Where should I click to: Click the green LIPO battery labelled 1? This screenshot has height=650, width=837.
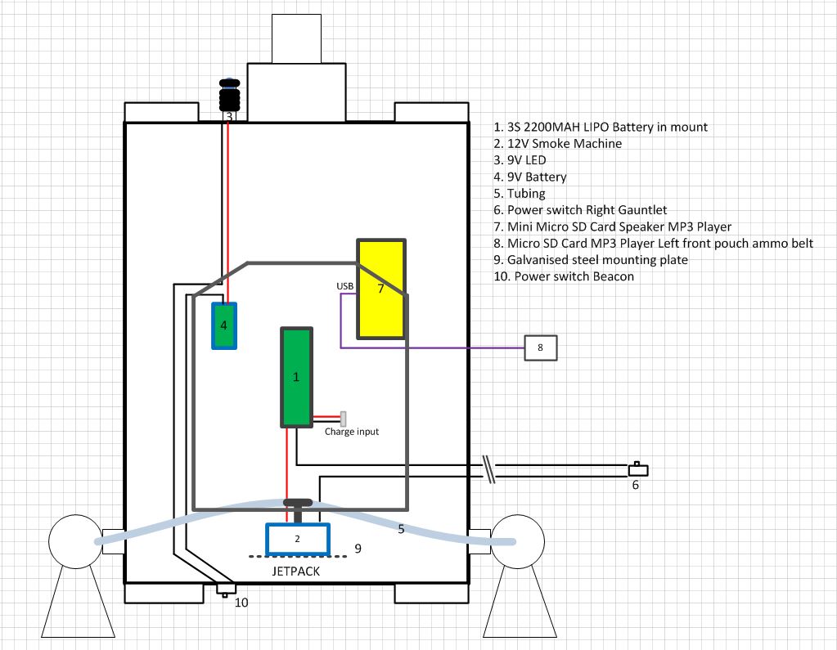pos(296,378)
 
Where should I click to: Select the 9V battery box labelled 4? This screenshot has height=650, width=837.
pos(224,325)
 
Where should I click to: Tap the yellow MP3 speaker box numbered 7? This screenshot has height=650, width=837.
pos(381,289)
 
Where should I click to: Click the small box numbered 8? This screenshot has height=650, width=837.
pos(541,347)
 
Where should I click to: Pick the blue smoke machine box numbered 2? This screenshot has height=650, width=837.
pos(298,539)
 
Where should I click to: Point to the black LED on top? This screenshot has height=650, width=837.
pos(230,95)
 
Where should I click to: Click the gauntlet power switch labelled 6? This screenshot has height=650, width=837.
pos(638,470)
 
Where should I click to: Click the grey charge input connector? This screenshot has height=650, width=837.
pos(344,419)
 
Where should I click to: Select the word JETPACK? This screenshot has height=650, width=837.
pos(295,571)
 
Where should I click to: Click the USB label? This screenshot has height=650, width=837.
pos(344,286)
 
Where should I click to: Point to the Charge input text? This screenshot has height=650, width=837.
pos(352,432)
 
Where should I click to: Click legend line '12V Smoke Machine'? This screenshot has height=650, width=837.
pos(558,143)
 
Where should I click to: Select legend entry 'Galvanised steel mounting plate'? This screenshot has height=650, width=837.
pos(591,260)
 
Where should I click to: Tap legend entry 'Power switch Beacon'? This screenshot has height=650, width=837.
pos(564,276)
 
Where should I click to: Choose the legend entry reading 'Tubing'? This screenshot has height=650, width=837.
pos(520,193)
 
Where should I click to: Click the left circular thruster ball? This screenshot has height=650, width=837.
pos(75,541)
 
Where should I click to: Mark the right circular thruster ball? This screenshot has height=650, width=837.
pos(517,541)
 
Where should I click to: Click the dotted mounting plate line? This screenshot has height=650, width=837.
pos(298,557)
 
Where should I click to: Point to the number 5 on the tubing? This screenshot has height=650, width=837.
pos(402,529)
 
